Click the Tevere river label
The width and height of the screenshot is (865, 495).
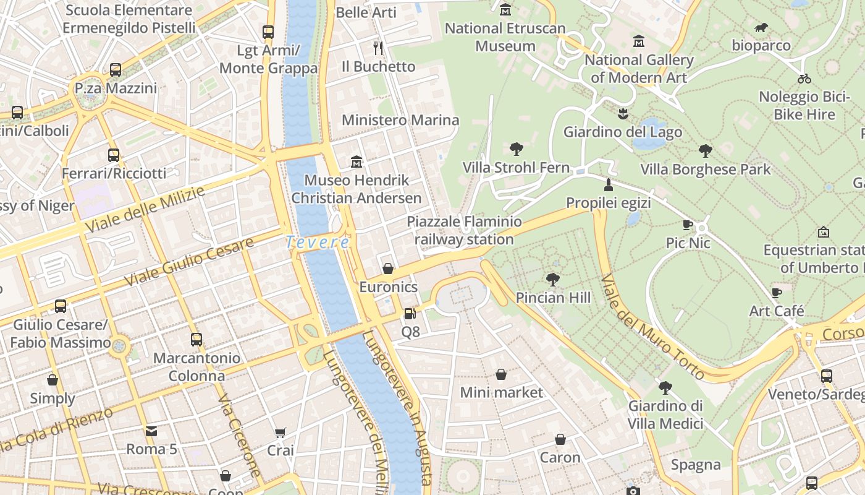point(318,243)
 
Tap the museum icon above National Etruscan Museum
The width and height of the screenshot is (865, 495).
point(505,9)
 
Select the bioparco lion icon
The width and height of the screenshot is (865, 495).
point(761,27)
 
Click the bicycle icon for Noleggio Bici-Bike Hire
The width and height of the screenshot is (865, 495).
point(804,79)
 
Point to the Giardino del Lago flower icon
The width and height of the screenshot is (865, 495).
point(623,114)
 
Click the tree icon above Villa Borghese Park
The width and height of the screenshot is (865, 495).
point(705,150)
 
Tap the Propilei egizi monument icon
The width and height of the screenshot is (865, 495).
point(609,184)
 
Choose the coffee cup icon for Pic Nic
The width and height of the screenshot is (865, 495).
point(688,225)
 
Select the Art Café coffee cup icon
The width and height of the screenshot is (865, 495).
point(777,292)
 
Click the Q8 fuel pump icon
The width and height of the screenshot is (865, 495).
point(410,314)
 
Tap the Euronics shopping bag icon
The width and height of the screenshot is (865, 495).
point(388,269)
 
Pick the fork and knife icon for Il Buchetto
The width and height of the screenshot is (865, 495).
point(378,48)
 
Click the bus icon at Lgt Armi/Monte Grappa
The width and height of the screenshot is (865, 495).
point(268,32)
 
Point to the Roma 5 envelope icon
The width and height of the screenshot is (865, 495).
point(151,431)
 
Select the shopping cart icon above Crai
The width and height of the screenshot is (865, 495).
point(281,432)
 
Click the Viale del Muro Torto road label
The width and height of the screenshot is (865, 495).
point(652,327)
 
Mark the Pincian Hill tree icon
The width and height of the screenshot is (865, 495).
point(553,280)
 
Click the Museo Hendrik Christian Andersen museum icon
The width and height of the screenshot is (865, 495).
point(357,162)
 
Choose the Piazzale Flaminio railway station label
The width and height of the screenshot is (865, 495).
point(464,230)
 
